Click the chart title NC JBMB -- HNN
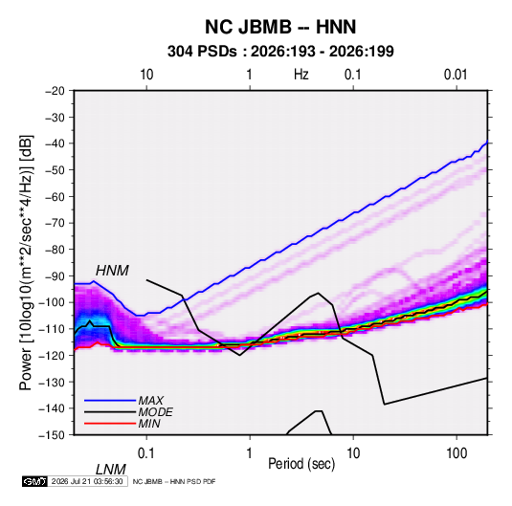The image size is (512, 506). tap(280, 27)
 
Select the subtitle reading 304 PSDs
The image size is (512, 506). tap(202, 52)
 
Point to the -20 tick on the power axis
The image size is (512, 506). tap(55, 91)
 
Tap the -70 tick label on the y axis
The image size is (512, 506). tap(55, 223)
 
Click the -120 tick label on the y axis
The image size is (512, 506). tap(52, 355)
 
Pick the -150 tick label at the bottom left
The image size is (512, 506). tap(52, 435)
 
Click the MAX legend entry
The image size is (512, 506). tap(150, 401)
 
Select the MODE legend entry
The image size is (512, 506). tap(155, 412)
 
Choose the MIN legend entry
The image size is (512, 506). tap(149, 424)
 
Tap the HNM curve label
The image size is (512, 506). tap(112, 271)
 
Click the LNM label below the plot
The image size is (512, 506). tap(111, 470)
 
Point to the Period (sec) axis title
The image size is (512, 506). tap(301, 464)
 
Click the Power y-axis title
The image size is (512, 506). tap(27, 263)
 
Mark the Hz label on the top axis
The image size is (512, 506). tap(301, 75)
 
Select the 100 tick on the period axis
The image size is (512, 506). tap(456, 453)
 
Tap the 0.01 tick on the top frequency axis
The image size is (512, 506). tap(456, 75)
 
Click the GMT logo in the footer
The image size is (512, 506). tap(34, 481)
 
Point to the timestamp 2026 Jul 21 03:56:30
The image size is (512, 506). tap(87, 481)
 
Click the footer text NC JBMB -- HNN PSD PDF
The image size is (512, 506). tap(174, 481)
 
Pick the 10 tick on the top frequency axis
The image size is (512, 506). tap(146, 75)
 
